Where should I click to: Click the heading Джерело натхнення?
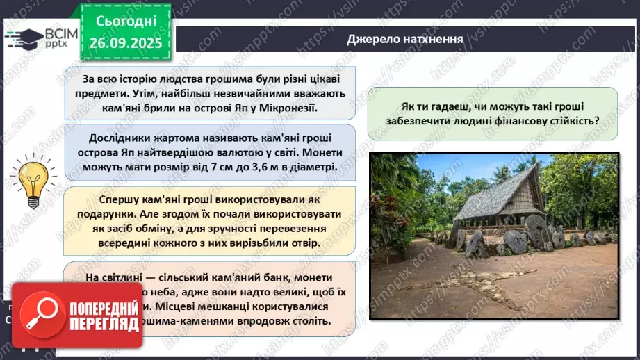pos(404,39)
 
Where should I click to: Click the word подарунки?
pos(113,214)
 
